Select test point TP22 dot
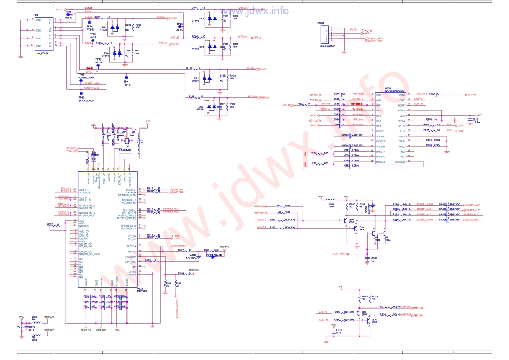pos(68,14)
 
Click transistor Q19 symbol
pos(352,224)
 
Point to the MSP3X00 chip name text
pos(143,291)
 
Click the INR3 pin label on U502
pos(379,94)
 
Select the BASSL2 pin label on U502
pos(400,162)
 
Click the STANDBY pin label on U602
pos(129,256)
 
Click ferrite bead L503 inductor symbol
pos(34,320)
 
